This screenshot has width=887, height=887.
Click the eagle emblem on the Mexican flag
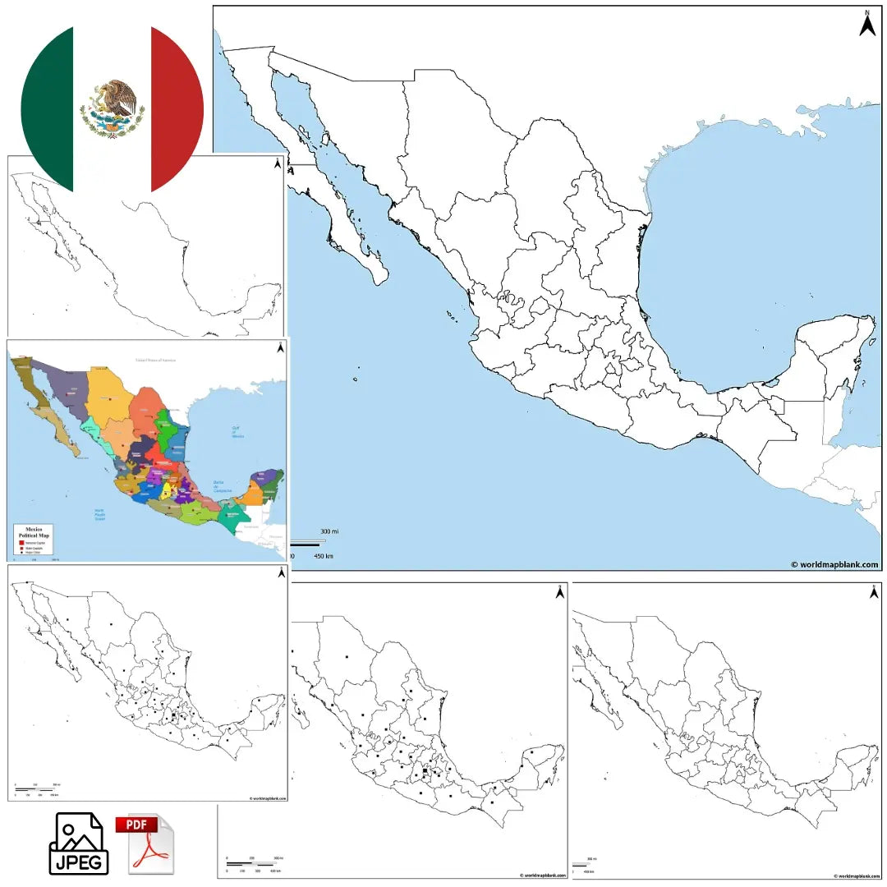tap(113, 108)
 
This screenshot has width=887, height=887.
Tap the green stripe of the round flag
tap(48, 107)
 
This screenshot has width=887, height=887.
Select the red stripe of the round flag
tap(177, 107)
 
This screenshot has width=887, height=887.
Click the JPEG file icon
tap(78, 843)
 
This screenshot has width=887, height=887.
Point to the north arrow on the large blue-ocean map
tap(867, 23)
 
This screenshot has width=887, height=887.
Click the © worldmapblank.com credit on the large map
tap(834, 564)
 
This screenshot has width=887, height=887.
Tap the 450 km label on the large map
tap(324, 556)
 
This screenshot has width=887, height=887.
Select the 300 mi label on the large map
tap(329, 532)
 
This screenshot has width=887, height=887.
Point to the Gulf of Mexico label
tap(237, 432)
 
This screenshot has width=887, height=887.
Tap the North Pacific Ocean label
tap(100, 514)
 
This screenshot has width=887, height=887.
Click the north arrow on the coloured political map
tap(281, 347)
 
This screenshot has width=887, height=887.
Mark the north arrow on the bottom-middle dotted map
tap(560, 591)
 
